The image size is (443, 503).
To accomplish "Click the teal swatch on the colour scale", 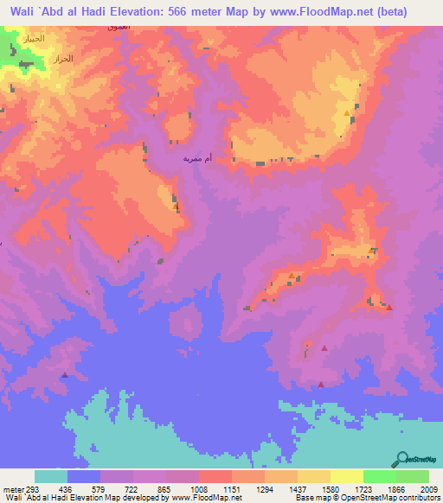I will click(51, 477).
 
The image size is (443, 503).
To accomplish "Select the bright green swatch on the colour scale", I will click(379, 477).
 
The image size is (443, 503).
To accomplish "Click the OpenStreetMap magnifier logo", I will click(401, 459).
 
